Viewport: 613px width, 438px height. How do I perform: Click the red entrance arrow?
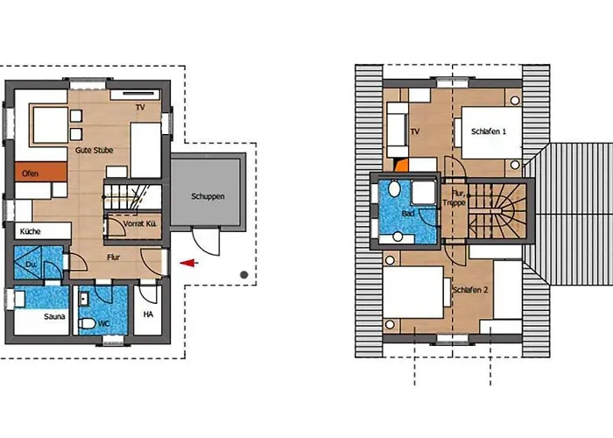(189, 263)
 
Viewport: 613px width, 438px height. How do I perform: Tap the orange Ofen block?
(41, 172)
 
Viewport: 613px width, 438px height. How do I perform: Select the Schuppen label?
(208, 196)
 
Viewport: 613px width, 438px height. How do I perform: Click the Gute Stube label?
(95, 150)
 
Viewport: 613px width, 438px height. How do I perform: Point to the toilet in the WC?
(87, 323)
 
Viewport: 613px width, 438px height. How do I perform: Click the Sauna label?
(54, 316)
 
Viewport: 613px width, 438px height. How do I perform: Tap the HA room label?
(148, 314)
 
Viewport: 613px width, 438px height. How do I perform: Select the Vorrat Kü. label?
(140, 224)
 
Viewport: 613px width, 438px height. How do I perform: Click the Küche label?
(30, 231)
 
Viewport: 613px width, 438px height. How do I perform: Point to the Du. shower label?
(31, 265)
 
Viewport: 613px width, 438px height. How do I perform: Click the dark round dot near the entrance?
(244, 275)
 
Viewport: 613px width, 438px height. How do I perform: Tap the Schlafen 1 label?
(489, 131)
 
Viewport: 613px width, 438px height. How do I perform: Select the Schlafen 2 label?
(470, 290)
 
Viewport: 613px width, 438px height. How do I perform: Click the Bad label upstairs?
(408, 214)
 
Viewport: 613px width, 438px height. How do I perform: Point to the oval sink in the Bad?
(394, 188)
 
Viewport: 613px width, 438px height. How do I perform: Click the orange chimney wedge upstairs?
(402, 166)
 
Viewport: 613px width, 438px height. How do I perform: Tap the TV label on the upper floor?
(415, 131)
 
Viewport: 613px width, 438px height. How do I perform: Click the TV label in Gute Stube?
(140, 107)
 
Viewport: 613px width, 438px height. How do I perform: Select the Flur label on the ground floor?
(113, 258)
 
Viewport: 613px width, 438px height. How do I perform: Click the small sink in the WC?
(84, 300)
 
